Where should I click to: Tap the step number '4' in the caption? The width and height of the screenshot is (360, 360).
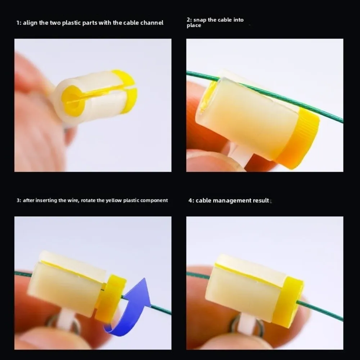(x=190, y=201)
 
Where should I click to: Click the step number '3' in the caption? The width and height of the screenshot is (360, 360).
(x=18, y=200)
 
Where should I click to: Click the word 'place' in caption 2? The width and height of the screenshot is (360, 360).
(x=194, y=26)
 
